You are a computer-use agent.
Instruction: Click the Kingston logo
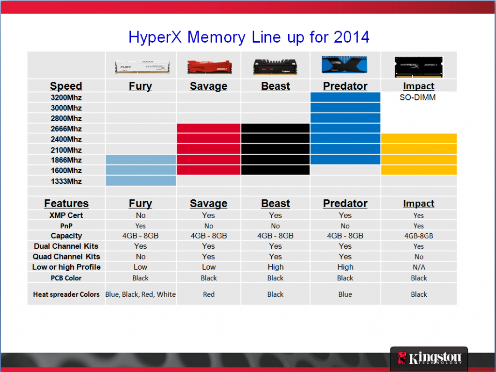click(429, 358)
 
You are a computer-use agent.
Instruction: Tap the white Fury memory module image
click(142, 66)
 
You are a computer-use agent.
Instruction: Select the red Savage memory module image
click(209, 66)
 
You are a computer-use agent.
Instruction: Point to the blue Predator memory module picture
click(344, 65)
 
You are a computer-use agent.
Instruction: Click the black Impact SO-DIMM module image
click(419, 67)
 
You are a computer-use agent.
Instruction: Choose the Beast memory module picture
click(275, 66)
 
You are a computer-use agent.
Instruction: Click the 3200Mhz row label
click(66, 97)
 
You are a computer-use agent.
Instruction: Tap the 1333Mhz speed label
click(66, 181)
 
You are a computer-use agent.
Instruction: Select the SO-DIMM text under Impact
click(418, 97)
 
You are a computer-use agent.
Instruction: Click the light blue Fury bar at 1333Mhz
click(141, 181)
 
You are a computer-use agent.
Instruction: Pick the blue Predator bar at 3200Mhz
click(345, 97)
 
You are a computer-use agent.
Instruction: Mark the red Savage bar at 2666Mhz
click(208, 129)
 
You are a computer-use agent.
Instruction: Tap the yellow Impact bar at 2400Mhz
click(419, 139)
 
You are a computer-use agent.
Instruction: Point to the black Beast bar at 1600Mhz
click(275, 170)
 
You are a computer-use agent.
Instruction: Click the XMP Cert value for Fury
click(141, 215)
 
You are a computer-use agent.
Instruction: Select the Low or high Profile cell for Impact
click(419, 267)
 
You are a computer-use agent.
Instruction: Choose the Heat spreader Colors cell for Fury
click(140, 294)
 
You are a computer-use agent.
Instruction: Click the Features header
click(66, 203)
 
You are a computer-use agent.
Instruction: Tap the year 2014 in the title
click(352, 37)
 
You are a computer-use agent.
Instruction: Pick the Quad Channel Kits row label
click(66, 257)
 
